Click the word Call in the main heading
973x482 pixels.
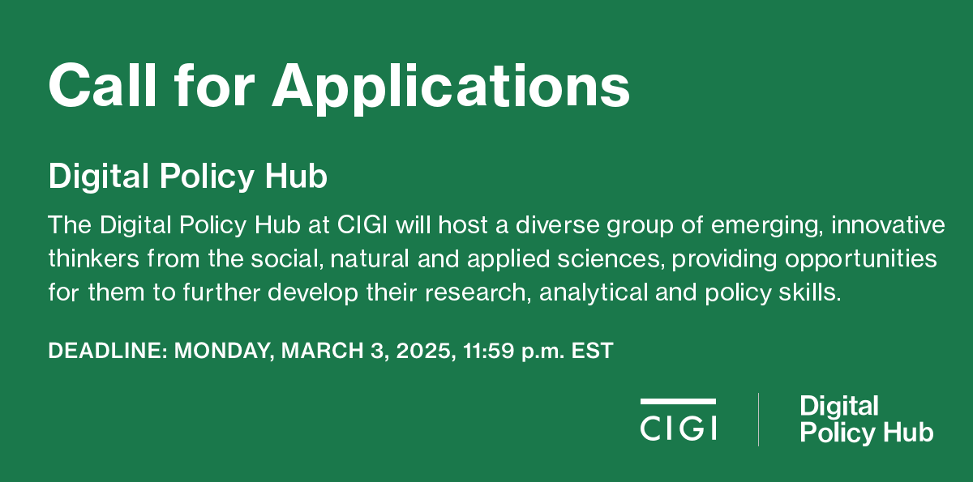click(x=102, y=84)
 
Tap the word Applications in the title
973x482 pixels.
click(x=451, y=89)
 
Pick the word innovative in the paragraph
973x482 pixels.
click(x=888, y=224)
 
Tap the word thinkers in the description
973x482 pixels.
click(x=93, y=258)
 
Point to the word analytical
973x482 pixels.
click(x=594, y=292)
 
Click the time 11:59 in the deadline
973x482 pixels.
click(x=488, y=351)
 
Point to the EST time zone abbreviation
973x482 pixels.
click(x=592, y=351)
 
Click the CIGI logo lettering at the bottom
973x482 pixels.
click(x=678, y=429)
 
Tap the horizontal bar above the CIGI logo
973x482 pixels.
click(x=678, y=402)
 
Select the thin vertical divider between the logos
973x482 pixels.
click(x=758, y=420)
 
